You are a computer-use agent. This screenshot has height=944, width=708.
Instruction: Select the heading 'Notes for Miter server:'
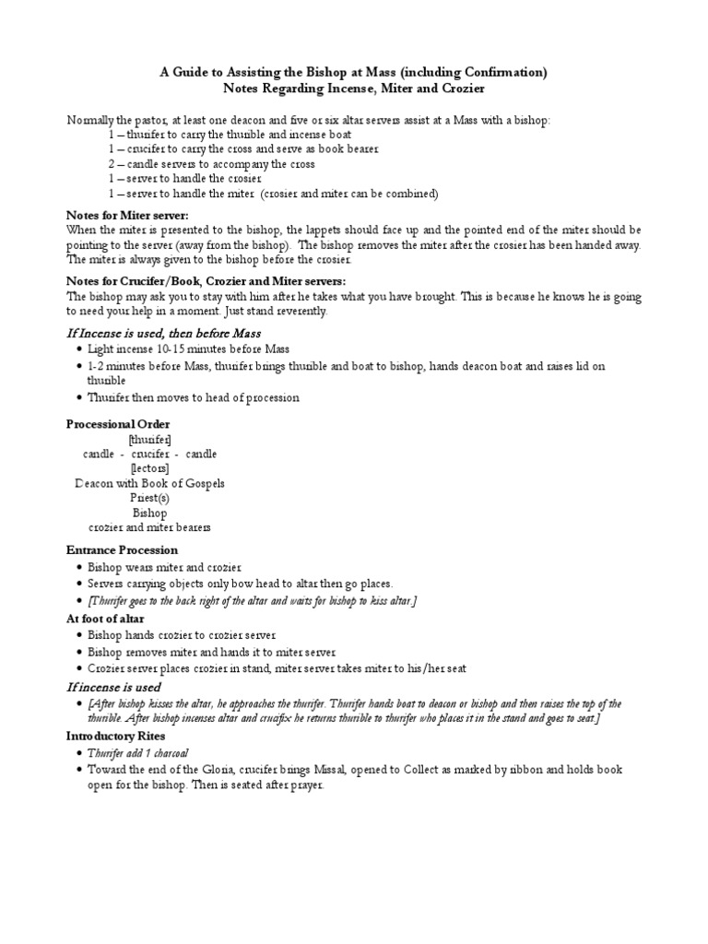point(126,215)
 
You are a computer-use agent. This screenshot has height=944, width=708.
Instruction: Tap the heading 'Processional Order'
point(118,423)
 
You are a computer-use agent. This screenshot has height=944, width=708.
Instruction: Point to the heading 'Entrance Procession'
point(122,550)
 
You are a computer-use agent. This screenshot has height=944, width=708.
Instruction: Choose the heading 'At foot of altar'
point(106,619)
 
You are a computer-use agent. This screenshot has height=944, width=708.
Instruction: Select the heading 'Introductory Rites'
point(118,737)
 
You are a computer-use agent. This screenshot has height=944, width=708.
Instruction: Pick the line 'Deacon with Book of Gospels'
point(149,483)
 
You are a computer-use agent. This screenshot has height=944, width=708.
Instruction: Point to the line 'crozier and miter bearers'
point(149,527)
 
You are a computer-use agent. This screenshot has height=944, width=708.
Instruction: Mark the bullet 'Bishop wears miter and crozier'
point(164,567)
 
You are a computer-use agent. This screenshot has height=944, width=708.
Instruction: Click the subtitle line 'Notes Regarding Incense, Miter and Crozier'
point(354,88)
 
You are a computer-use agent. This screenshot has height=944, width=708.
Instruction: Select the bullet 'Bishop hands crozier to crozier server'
point(182,635)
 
